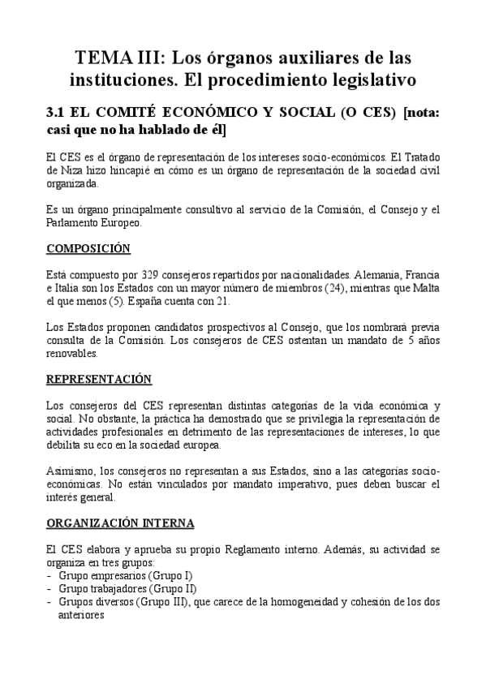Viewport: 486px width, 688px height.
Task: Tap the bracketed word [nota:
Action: click(421, 113)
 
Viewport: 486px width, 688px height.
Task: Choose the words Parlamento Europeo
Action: click(94, 222)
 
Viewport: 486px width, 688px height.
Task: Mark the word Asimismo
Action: click(71, 471)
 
